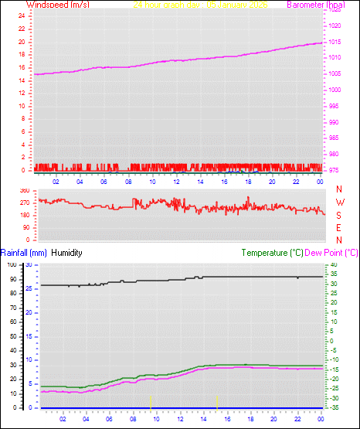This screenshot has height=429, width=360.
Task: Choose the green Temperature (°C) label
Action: pos(272,253)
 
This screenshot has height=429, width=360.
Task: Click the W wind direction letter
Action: pos(339,202)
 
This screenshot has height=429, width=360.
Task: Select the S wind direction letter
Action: pos(339,214)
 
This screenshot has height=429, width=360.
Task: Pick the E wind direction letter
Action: pos(339,227)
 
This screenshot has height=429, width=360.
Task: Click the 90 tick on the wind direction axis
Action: pos(25,227)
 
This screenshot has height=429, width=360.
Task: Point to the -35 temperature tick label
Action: pos(332,407)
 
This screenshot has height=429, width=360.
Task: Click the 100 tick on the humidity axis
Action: pos(12,265)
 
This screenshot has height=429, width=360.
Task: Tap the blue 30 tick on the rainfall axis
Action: pos(29,265)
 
